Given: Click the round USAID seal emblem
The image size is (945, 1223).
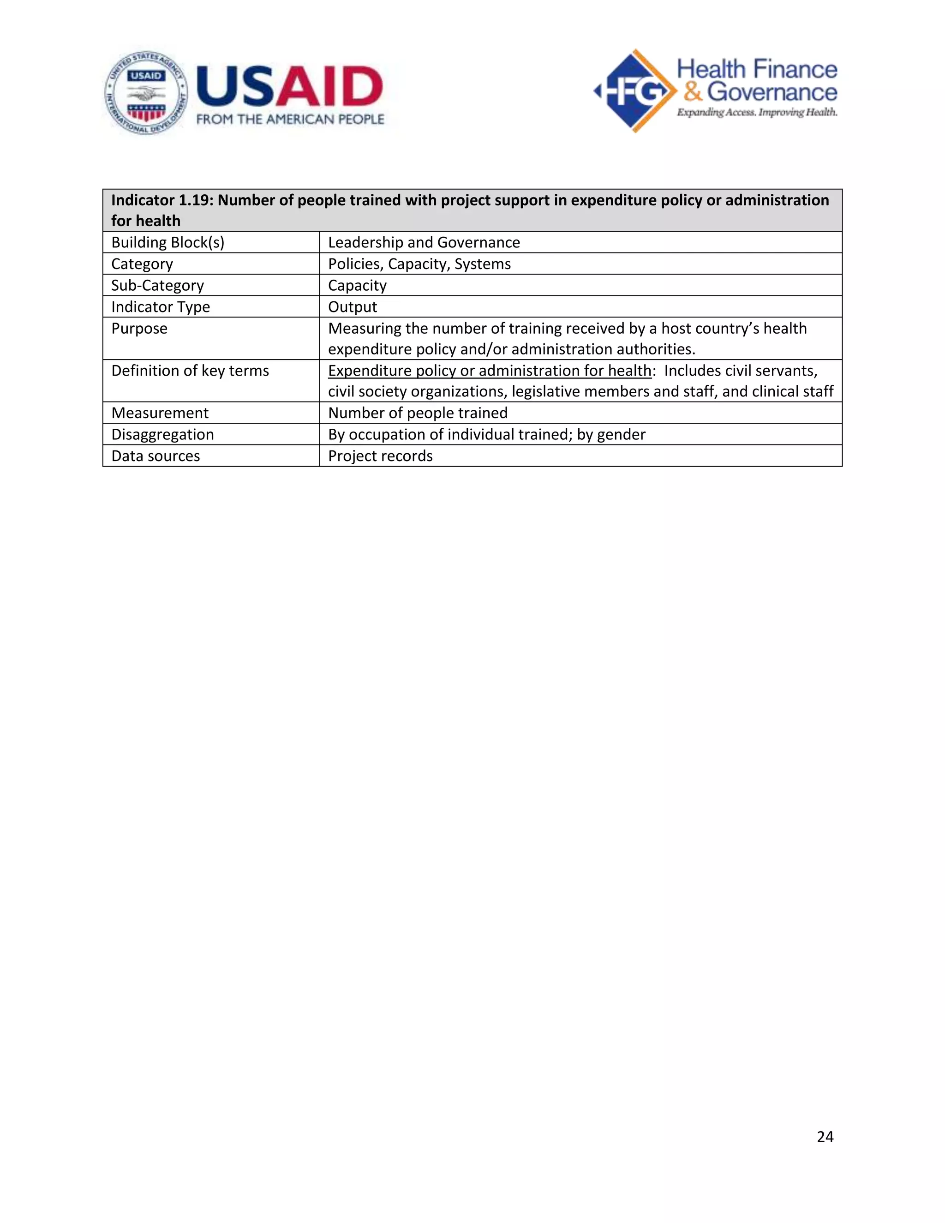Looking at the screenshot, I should pyautogui.click(x=146, y=93).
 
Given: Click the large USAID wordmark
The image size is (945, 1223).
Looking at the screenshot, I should pyautogui.click(x=289, y=87).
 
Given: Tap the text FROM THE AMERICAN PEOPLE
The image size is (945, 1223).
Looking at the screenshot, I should pyautogui.click(x=290, y=119).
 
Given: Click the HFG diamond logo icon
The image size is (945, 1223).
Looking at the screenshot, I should pyautogui.click(x=635, y=91).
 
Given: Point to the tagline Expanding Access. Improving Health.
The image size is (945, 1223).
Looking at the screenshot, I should pyautogui.click(x=757, y=113).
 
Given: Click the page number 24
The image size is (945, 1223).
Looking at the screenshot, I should pyautogui.click(x=825, y=1136).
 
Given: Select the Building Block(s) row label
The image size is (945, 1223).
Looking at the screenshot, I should pyautogui.click(x=167, y=242).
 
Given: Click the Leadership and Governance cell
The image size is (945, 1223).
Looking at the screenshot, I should pyautogui.click(x=424, y=242).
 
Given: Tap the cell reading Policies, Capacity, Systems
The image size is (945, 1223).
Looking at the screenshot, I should pyautogui.click(x=419, y=264).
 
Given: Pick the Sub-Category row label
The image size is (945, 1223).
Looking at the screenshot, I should pyautogui.click(x=157, y=286).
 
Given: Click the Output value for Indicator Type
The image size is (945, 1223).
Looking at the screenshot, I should pyautogui.click(x=352, y=307).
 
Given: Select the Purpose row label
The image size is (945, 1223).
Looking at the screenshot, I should pyautogui.click(x=139, y=329).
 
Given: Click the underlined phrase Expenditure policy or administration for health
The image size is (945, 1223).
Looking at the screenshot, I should pyautogui.click(x=489, y=371).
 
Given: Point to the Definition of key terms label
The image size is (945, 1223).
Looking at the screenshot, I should pyautogui.click(x=190, y=371).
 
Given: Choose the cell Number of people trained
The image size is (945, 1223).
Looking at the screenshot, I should pyautogui.click(x=418, y=413).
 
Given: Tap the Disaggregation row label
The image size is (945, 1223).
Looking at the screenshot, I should pyautogui.click(x=162, y=435).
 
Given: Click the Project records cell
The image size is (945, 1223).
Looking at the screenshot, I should pyautogui.click(x=380, y=456).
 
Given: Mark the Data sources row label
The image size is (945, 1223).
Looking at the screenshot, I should pyautogui.click(x=155, y=456).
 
